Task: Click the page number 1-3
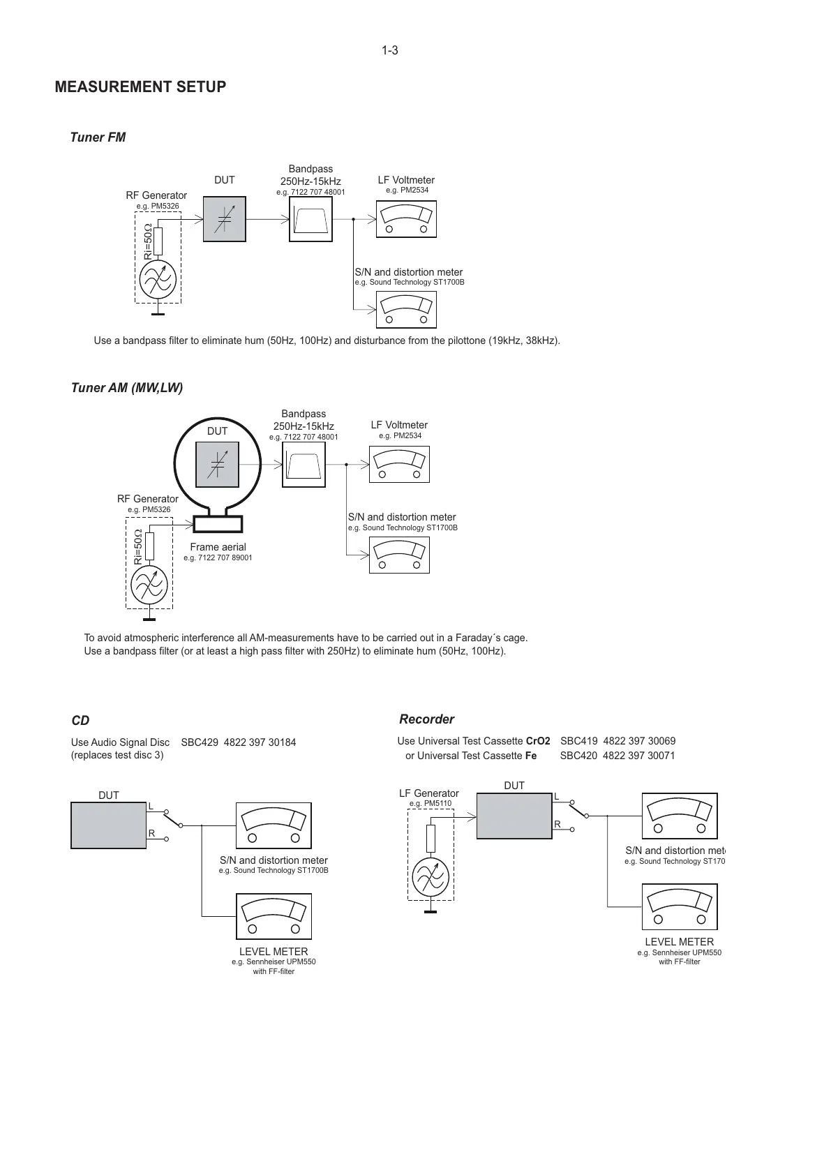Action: pyautogui.click(x=389, y=50)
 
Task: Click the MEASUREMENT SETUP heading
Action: pyautogui.click(x=140, y=87)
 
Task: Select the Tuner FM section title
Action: pyautogui.click(x=98, y=137)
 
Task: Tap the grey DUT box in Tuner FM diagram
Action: pyautogui.click(x=224, y=219)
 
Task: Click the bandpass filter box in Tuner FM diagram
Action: pyautogui.click(x=310, y=220)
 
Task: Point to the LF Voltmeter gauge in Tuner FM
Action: pyautogui.click(x=406, y=219)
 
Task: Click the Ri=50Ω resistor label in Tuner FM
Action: pyautogui.click(x=148, y=241)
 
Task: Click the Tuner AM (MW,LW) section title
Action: pyautogui.click(x=127, y=388)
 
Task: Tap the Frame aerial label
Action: pyautogui.click(x=218, y=547)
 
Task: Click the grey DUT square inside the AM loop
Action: pyautogui.click(x=217, y=465)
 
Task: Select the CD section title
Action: pyautogui.click(x=80, y=721)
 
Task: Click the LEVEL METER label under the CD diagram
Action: pyautogui.click(x=274, y=952)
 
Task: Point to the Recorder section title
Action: pyautogui.click(x=426, y=719)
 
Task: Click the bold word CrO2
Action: pyautogui.click(x=537, y=741)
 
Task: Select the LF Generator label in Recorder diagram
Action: pyautogui.click(x=429, y=793)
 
